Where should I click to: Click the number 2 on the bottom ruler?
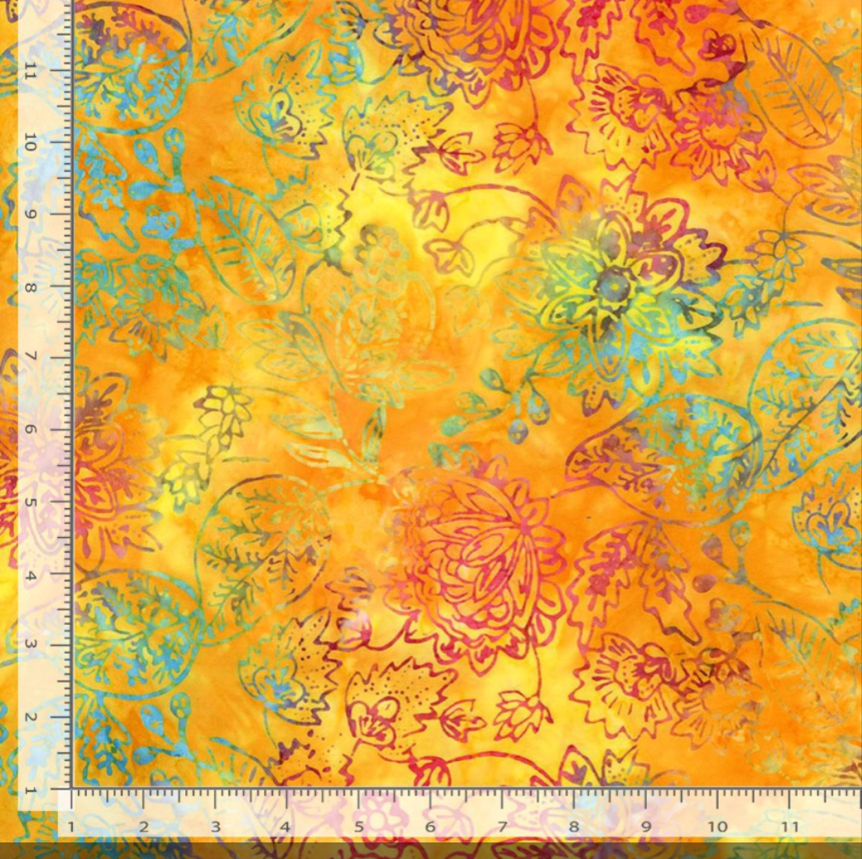tap(144, 827)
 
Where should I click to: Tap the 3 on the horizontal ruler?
tap(215, 827)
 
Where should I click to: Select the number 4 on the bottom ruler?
tap(286, 827)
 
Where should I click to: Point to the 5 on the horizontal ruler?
tap(359, 827)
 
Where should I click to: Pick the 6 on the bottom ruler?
tap(430, 827)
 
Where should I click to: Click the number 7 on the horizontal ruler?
tap(502, 827)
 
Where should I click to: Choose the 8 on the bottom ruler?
tap(574, 827)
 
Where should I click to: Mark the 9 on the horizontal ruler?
tap(645, 827)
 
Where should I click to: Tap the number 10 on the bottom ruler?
tap(717, 827)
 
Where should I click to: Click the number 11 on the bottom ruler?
tap(789, 827)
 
